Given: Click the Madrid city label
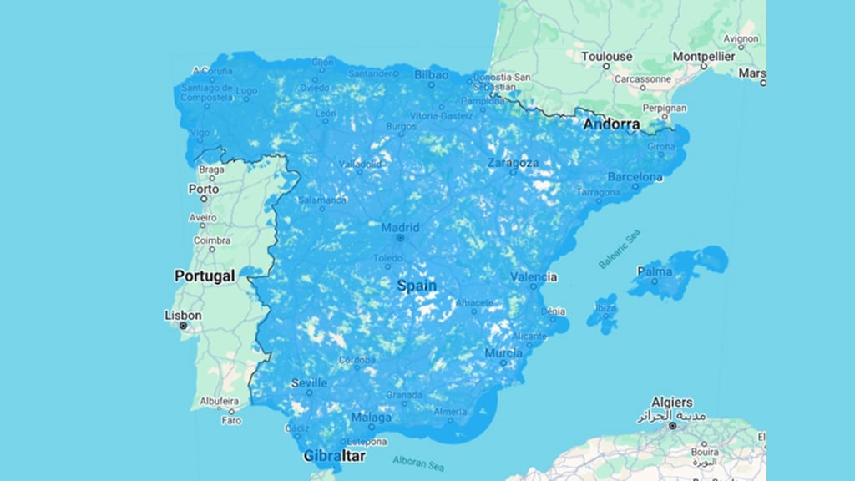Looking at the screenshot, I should click(400, 227).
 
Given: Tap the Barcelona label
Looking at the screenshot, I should click(635, 177).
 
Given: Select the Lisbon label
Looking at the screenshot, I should click(183, 315).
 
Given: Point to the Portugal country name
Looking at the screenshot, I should click(205, 276).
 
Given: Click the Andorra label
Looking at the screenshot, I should click(611, 124).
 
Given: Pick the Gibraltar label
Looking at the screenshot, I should click(334, 456).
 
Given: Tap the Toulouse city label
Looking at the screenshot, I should click(606, 57).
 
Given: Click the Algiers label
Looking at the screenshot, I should click(671, 403).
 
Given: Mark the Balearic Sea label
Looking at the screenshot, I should click(619, 249).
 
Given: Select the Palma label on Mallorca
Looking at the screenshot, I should click(655, 271).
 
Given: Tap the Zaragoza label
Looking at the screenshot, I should click(513, 162).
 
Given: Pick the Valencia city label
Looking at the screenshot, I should click(533, 276).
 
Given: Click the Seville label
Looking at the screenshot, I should click(309, 383).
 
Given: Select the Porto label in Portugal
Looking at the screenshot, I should click(203, 189).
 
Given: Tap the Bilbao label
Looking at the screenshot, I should click(431, 74).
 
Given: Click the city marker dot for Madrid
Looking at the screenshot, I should click(400, 238).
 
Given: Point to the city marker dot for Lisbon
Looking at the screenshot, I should click(183, 326).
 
